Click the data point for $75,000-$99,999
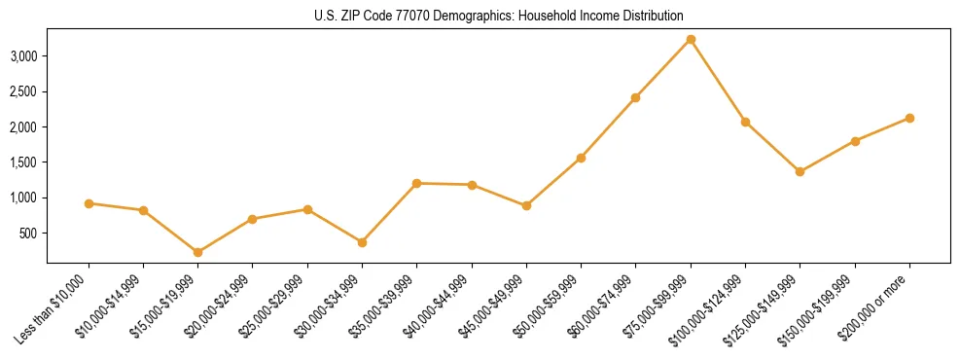pyautogui.click(x=691, y=40)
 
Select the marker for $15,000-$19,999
pyautogui.click(x=198, y=252)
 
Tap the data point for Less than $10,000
pyautogui.click(x=89, y=203)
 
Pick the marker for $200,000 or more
pyautogui.click(x=909, y=118)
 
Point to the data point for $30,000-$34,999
pyautogui.click(x=362, y=242)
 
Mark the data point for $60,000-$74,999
pyautogui.click(x=635, y=97)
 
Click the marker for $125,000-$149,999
pyautogui.click(x=800, y=172)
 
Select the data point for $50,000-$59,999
pyautogui.click(x=581, y=158)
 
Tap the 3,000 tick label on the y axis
pyautogui.click(x=23, y=56)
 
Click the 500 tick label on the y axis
pyautogui.click(x=28, y=234)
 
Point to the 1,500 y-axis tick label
pyautogui.click(x=23, y=162)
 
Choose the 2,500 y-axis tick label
pyautogui.click(x=23, y=91)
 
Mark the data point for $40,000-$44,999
pyautogui.click(x=472, y=185)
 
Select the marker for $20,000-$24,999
pyautogui.click(x=253, y=219)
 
